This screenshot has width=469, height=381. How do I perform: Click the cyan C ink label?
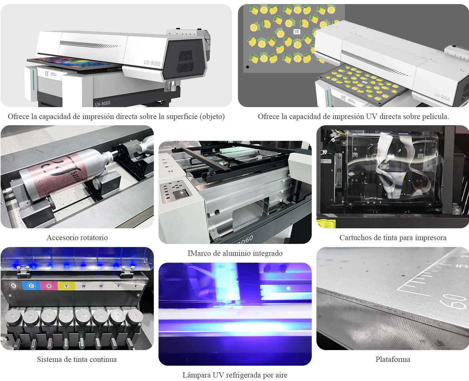[31, 285]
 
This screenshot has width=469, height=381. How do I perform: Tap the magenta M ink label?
[48, 285]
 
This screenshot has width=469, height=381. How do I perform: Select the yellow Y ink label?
[66, 286]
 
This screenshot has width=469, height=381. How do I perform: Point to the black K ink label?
[13, 285]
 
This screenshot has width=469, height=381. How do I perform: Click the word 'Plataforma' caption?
[393, 359]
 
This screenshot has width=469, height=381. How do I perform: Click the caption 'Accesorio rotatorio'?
[77, 238]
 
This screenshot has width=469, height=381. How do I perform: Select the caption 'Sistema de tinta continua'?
[77, 359]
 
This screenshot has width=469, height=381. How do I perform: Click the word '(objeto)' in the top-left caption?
[213, 116]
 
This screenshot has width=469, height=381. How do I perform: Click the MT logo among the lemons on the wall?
[297, 32]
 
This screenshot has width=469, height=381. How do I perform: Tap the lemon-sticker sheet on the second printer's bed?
[360, 81]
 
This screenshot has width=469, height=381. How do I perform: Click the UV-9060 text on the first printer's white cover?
[152, 63]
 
